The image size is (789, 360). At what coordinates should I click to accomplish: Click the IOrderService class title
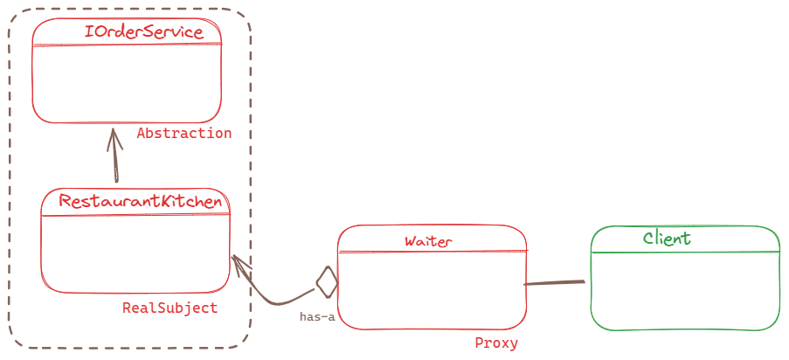tap(143, 33)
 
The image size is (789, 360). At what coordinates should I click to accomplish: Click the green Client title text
tap(667, 238)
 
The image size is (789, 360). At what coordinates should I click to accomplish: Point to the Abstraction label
tap(184, 134)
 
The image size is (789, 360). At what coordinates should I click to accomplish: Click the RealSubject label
tap(170, 308)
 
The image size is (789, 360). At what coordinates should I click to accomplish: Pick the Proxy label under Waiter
tap(496, 343)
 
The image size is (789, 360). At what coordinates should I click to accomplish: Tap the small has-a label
tap(316, 317)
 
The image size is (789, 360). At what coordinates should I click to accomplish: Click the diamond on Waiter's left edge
tap(327, 281)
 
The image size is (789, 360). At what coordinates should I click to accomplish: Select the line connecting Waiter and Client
tap(555, 283)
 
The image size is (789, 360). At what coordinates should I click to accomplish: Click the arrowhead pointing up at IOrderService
tap(114, 133)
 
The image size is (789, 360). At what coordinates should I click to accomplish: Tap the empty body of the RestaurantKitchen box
tap(135, 253)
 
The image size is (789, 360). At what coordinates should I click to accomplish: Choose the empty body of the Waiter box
tap(433, 288)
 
